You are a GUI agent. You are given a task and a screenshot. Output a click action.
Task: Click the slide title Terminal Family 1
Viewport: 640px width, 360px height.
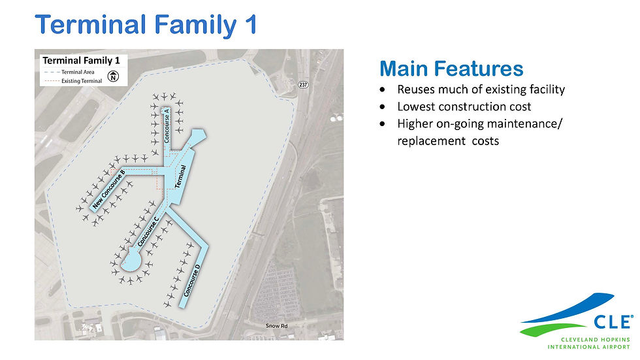click(146, 24)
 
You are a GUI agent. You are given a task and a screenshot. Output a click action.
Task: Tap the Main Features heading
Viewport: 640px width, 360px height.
click(451, 69)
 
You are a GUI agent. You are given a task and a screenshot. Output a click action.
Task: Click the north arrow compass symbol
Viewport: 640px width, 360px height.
click(113, 76)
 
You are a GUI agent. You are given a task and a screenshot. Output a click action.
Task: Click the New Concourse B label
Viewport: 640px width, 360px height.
click(108, 189)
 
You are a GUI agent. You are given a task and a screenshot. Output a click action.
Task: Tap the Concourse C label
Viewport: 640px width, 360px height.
click(148, 231)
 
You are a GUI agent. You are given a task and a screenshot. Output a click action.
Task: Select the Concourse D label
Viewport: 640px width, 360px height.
click(192, 280)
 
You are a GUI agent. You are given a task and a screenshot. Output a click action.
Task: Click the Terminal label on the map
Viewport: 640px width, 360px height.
click(180, 176)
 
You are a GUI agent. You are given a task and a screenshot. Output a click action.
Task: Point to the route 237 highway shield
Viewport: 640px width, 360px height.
click(303, 84)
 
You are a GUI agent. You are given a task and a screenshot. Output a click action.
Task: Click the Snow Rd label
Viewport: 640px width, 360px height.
click(276, 326)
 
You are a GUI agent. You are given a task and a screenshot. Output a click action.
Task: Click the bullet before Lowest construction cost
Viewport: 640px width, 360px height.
click(382, 107)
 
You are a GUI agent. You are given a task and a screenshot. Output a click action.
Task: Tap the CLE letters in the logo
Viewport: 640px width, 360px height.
click(613, 322)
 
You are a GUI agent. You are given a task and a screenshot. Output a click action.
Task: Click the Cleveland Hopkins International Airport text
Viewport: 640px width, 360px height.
click(588, 343)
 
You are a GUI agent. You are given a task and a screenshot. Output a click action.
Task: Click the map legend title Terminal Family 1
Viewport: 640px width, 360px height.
click(81, 61)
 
